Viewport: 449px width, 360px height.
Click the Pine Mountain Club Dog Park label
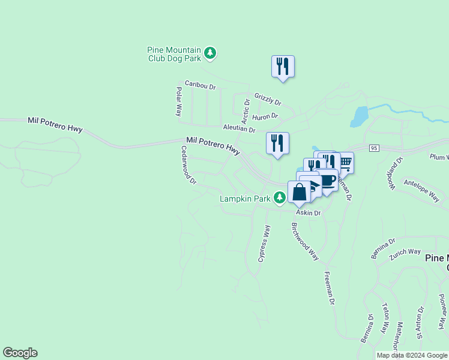point(175,54)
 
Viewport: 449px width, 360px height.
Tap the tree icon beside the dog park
point(209,53)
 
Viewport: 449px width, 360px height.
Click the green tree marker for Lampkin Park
point(279,197)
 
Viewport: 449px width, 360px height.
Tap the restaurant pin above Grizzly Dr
point(283,67)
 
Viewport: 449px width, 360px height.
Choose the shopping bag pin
point(299,193)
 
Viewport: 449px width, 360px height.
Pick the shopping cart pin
point(345,163)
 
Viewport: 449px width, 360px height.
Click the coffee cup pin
point(328,180)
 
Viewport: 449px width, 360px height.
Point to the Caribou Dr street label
point(200,85)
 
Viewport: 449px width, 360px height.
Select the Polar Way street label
point(179,101)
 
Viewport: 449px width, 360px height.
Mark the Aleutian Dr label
point(239,128)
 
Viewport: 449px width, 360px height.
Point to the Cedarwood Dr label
point(188,164)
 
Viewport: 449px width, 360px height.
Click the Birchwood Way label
point(305,241)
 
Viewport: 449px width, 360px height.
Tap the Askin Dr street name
point(308,213)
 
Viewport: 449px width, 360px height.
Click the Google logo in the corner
point(20,353)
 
